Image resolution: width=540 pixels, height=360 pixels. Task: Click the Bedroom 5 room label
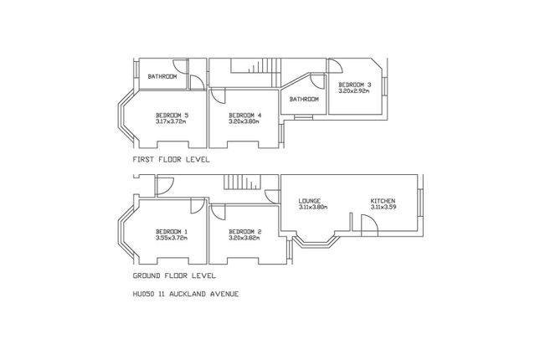172,115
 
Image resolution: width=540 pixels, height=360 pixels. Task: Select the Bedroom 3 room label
355,85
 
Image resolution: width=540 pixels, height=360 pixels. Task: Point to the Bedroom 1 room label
172,231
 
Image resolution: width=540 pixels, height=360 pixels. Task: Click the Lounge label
310,201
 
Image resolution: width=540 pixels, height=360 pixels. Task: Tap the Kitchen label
383,201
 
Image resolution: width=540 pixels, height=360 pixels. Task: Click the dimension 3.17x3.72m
172,121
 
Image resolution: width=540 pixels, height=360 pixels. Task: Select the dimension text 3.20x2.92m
355,91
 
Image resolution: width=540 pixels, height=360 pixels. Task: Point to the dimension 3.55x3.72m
172,238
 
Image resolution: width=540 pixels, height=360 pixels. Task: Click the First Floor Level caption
171,158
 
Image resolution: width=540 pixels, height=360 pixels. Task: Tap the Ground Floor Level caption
174,275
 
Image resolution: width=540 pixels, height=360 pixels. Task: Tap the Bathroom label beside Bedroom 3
304,100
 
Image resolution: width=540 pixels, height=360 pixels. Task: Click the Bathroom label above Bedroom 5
162,77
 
